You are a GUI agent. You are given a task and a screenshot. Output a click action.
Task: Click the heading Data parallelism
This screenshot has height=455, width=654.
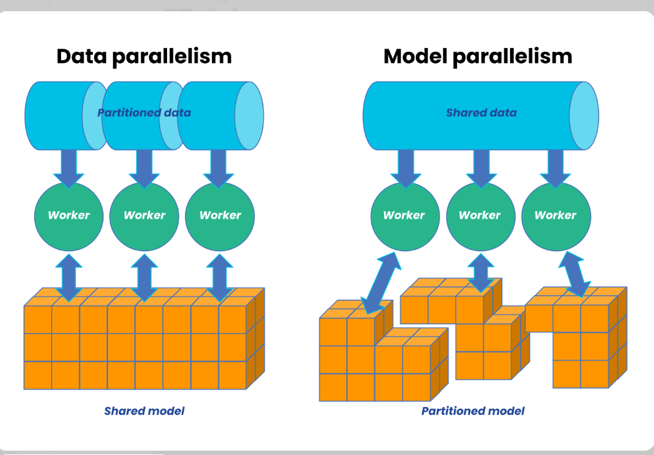[144, 56]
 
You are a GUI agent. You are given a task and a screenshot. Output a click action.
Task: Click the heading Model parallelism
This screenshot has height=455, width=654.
[478, 56]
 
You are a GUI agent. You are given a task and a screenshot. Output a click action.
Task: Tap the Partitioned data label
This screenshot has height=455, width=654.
[144, 113]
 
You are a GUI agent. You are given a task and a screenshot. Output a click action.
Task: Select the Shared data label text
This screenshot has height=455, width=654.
[481, 113]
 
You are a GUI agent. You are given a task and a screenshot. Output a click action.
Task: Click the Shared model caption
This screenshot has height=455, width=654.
[144, 411]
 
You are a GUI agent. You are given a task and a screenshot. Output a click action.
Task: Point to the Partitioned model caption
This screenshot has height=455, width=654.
[473, 411]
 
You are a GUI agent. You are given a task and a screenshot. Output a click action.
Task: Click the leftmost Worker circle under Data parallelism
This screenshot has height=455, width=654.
[69, 216]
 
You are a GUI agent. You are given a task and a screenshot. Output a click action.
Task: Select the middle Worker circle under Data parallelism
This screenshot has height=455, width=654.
[145, 216]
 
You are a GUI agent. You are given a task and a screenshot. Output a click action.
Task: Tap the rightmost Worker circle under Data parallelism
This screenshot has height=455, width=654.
[220, 216]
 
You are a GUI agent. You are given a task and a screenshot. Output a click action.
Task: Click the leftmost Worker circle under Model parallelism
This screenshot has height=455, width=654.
[404, 216]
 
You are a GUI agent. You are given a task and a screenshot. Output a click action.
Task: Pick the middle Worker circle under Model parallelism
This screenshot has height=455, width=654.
[480, 216]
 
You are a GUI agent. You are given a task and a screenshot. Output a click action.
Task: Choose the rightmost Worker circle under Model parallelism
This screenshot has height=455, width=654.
[555, 216]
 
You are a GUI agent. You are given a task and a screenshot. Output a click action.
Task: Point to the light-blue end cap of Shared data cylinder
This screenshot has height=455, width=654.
[584, 116]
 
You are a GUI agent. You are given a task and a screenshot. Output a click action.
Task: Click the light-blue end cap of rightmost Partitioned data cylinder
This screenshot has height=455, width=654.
[249, 116]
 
